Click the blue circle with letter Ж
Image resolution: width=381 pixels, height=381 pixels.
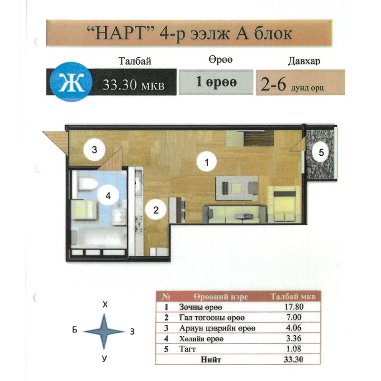pyautogui.click(x=71, y=82)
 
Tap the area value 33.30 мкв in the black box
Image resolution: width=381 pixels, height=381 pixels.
pyautogui.click(x=134, y=85)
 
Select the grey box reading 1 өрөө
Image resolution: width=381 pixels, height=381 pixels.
pyautogui.click(x=216, y=82)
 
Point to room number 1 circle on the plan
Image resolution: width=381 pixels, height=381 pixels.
pyautogui.click(x=207, y=161)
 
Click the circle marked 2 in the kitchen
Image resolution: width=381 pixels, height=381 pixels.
pyautogui.click(x=156, y=210)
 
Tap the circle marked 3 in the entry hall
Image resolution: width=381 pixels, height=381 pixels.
pyautogui.click(x=94, y=150)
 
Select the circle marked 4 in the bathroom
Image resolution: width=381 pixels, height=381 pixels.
pyautogui.click(x=108, y=195)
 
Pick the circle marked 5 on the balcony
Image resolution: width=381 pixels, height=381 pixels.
pyautogui.click(x=321, y=152)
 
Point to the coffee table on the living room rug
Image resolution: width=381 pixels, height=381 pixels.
pyautogui.click(x=236, y=188)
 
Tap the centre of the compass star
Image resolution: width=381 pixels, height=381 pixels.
pyautogui.click(x=104, y=331)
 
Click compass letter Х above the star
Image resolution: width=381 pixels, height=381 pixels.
pyautogui.click(x=105, y=304)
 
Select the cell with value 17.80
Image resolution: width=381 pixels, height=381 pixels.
pyautogui.click(x=294, y=307)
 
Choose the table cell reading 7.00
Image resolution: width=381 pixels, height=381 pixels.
pyautogui.click(x=294, y=317)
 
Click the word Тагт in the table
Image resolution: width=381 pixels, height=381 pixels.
pyautogui.click(x=187, y=349)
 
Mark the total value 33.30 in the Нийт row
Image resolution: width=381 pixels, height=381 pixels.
pyautogui.click(x=293, y=360)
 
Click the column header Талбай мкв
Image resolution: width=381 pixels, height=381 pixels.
pyautogui.click(x=293, y=296)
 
